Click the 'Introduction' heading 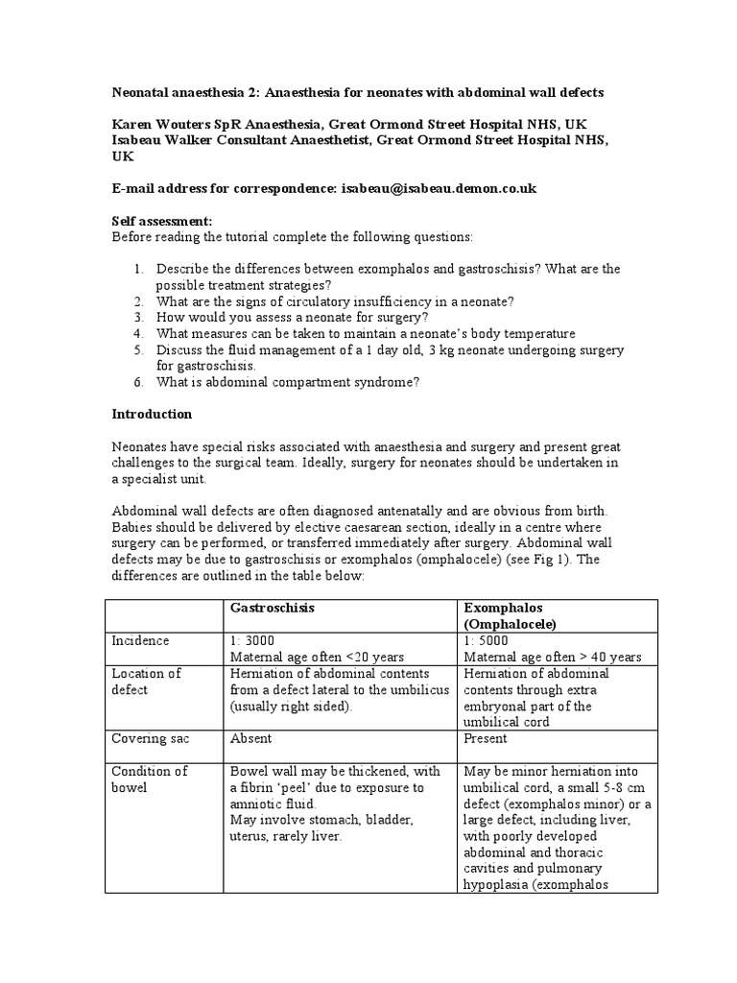point(152,415)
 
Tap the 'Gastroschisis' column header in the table point(273,609)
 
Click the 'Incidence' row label point(140,640)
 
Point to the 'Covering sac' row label point(150,738)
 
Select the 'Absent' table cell point(250,738)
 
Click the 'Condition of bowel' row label point(150,779)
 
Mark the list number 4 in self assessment point(139,333)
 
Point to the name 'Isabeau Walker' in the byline point(166,140)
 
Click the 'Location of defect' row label point(146,681)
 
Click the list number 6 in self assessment point(139,382)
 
